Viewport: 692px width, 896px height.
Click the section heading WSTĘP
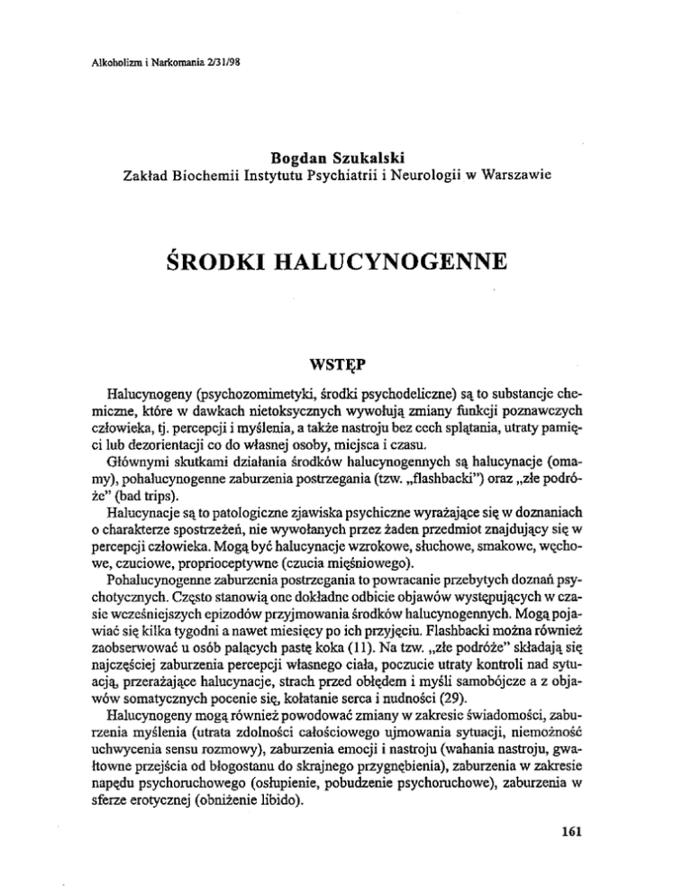[345, 369]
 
